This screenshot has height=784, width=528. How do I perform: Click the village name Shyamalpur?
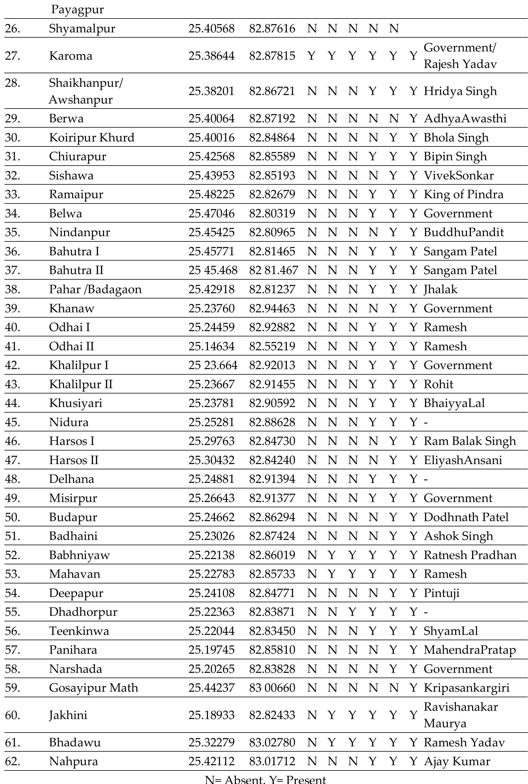tap(82, 28)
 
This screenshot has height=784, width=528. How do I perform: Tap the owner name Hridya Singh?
tap(460, 91)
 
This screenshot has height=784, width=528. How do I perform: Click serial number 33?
tap(12, 194)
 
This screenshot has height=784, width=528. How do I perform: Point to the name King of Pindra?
tap(463, 194)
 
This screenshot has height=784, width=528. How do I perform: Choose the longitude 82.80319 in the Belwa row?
tap(272, 213)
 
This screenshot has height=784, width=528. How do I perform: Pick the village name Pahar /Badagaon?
tap(95, 289)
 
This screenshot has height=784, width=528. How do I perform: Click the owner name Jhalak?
tap(441, 289)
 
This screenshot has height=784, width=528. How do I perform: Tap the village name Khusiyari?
tap(75, 403)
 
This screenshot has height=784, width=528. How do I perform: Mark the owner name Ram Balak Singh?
tap(470, 441)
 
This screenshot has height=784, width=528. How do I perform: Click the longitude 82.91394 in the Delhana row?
tap(272, 479)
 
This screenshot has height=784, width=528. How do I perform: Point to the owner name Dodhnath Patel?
tap(466, 517)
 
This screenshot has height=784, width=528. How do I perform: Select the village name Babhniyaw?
tap(79, 555)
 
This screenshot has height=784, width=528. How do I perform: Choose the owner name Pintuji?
tap(441, 593)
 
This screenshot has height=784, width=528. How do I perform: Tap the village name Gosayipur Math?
tap(94, 688)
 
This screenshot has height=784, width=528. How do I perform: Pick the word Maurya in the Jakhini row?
tap(445, 723)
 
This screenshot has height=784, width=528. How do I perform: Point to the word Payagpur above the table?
tap(77, 9)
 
